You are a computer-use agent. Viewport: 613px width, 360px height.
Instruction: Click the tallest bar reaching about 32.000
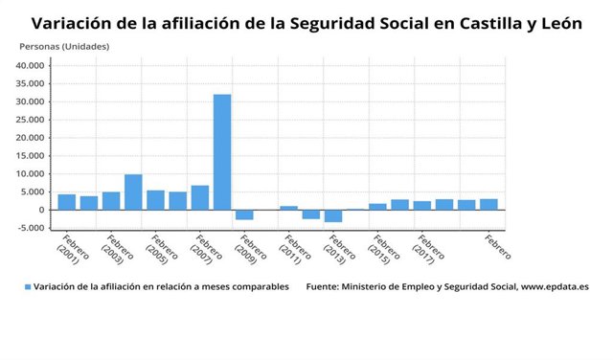coord(222,151)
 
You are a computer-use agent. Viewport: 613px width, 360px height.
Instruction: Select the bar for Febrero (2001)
coord(67,202)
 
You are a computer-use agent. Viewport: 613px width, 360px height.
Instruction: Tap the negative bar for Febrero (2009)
coord(244,214)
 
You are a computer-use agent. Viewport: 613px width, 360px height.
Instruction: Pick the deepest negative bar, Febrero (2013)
coord(332,215)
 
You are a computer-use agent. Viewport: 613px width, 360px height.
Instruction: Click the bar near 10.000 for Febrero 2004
coord(133,191)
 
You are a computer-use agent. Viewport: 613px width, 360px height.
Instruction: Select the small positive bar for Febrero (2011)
coord(288,208)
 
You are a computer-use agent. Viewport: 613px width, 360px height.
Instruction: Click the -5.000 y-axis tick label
coord(31,228)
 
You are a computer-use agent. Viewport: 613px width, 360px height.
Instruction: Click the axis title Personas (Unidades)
coord(64,46)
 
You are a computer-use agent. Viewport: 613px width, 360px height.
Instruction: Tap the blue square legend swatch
coord(28,286)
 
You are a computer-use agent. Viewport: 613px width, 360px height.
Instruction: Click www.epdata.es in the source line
coord(555,286)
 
